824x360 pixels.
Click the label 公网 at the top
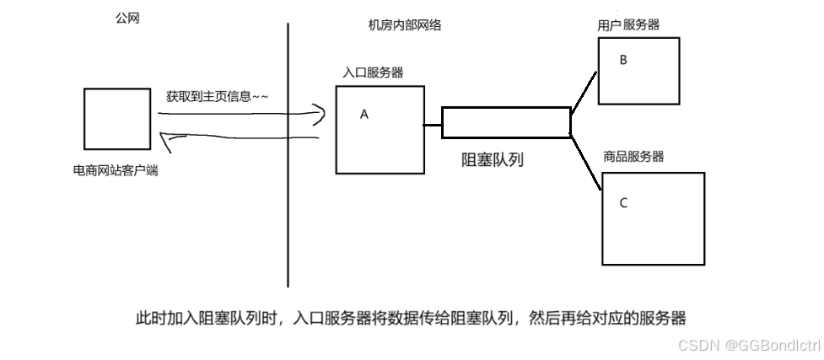[127, 18]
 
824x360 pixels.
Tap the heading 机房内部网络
[405, 25]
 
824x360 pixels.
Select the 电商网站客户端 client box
[116, 118]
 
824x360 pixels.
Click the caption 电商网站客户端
[116, 170]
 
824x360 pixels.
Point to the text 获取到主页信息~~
[218, 97]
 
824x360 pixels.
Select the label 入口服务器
[373, 73]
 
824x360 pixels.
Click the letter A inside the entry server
[364, 115]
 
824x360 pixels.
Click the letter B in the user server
[623, 60]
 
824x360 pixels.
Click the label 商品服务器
[633, 157]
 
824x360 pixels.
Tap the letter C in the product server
[623, 202]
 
